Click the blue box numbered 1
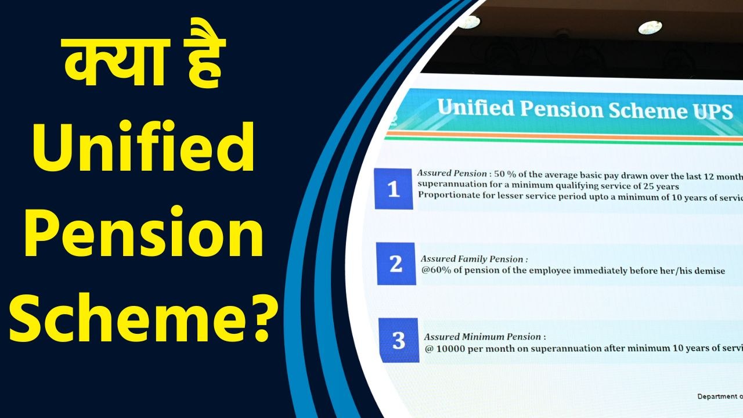point(394,189)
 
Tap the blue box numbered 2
point(396,264)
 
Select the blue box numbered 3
point(398,340)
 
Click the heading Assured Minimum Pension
point(485,337)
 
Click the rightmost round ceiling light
point(650,27)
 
